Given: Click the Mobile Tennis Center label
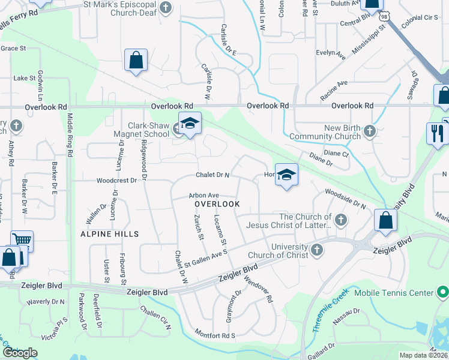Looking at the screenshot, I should [x=394, y=293].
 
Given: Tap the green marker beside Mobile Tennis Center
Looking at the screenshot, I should [x=443, y=293].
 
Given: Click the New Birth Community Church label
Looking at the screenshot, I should [x=324, y=133].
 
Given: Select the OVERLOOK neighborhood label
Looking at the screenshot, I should [x=217, y=204].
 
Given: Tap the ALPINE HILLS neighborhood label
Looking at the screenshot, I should [x=110, y=234].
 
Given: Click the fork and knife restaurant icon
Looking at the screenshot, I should [x=436, y=133].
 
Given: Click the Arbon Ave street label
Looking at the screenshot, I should [x=203, y=196].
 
